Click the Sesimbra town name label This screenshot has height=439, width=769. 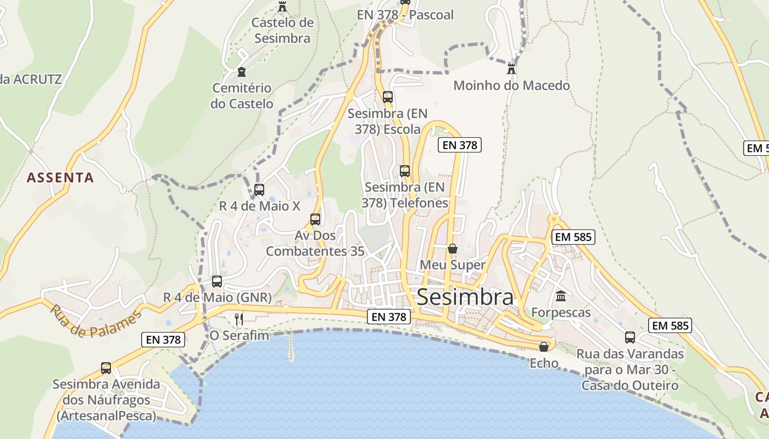point(465,297)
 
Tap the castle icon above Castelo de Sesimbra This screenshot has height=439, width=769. point(282,6)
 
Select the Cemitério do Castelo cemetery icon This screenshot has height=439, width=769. point(241,71)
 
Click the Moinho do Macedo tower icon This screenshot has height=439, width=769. point(511,68)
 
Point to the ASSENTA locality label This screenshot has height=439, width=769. point(60,178)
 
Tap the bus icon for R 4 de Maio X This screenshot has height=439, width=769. point(259,190)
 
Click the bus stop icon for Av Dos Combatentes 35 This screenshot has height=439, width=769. point(315,219)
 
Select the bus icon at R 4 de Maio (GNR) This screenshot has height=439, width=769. point(217,282)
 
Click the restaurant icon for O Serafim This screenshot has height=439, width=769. point(238,319)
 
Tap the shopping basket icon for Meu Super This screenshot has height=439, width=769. point(452,249)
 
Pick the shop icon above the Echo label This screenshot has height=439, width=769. point(543,347)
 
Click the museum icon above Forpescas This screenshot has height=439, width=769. point(561,296)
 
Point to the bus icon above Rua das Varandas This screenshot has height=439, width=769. point(630,337)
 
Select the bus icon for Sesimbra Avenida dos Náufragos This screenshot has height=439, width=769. point(106,368)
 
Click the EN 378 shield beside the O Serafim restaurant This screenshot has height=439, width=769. point(163,340)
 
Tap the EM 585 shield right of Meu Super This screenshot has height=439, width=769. point(573,237)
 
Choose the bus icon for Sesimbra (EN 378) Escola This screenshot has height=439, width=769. point(388,97)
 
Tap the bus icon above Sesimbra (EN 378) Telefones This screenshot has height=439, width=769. point(405,171)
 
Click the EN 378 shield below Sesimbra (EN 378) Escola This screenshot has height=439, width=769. point(459,145)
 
